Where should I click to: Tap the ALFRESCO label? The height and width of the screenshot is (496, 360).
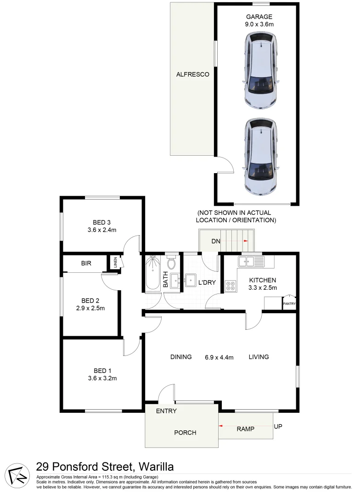click(x=193, y=74)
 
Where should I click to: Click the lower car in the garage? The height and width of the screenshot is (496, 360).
click(x=261, y=155)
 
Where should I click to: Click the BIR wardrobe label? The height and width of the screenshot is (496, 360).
click(x=86, y=264)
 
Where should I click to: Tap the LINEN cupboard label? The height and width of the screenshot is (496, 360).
click(x=116, y=263)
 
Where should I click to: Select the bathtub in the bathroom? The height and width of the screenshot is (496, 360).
click(x=152, y=274)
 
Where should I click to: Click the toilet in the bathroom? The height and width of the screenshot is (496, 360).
click(x=172, y=263)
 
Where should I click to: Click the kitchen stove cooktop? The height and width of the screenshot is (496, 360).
click(x=231, y=286)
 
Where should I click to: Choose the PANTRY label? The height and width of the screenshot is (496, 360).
click(x=289, y=304)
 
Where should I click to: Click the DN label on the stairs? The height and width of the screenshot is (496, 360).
click(x=215, y=241)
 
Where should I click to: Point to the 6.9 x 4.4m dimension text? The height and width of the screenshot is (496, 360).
click(x=219, y=357)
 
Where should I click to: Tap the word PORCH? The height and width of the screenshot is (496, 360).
click(x=185, y=433)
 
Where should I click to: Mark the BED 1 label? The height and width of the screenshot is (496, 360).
click(x=102, y=371)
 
